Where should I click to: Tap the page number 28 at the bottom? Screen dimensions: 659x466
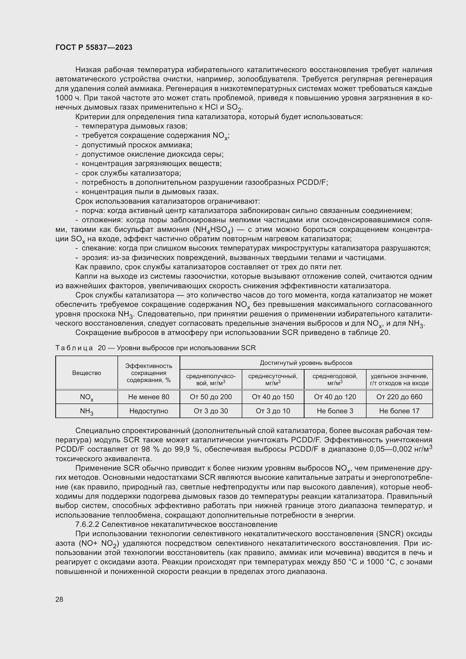59,599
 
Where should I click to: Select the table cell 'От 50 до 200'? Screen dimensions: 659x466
211,397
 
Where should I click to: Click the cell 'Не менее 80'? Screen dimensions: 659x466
149,397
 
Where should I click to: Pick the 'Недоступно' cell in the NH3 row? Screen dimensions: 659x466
149,411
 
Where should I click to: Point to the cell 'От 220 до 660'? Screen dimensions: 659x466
399,397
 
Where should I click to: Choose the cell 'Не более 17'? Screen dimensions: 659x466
399,411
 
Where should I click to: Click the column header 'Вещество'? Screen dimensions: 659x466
86,373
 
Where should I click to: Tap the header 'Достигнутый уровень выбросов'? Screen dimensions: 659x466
306,363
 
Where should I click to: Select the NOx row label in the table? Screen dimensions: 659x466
86,397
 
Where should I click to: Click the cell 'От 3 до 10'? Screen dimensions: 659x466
273,411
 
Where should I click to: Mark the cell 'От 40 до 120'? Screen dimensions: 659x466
335,397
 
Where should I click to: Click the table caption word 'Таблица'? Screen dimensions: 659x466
74,348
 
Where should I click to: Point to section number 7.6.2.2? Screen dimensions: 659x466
87,524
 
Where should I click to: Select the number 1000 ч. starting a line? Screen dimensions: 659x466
68,98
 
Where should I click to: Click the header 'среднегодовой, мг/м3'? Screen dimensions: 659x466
335,380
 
